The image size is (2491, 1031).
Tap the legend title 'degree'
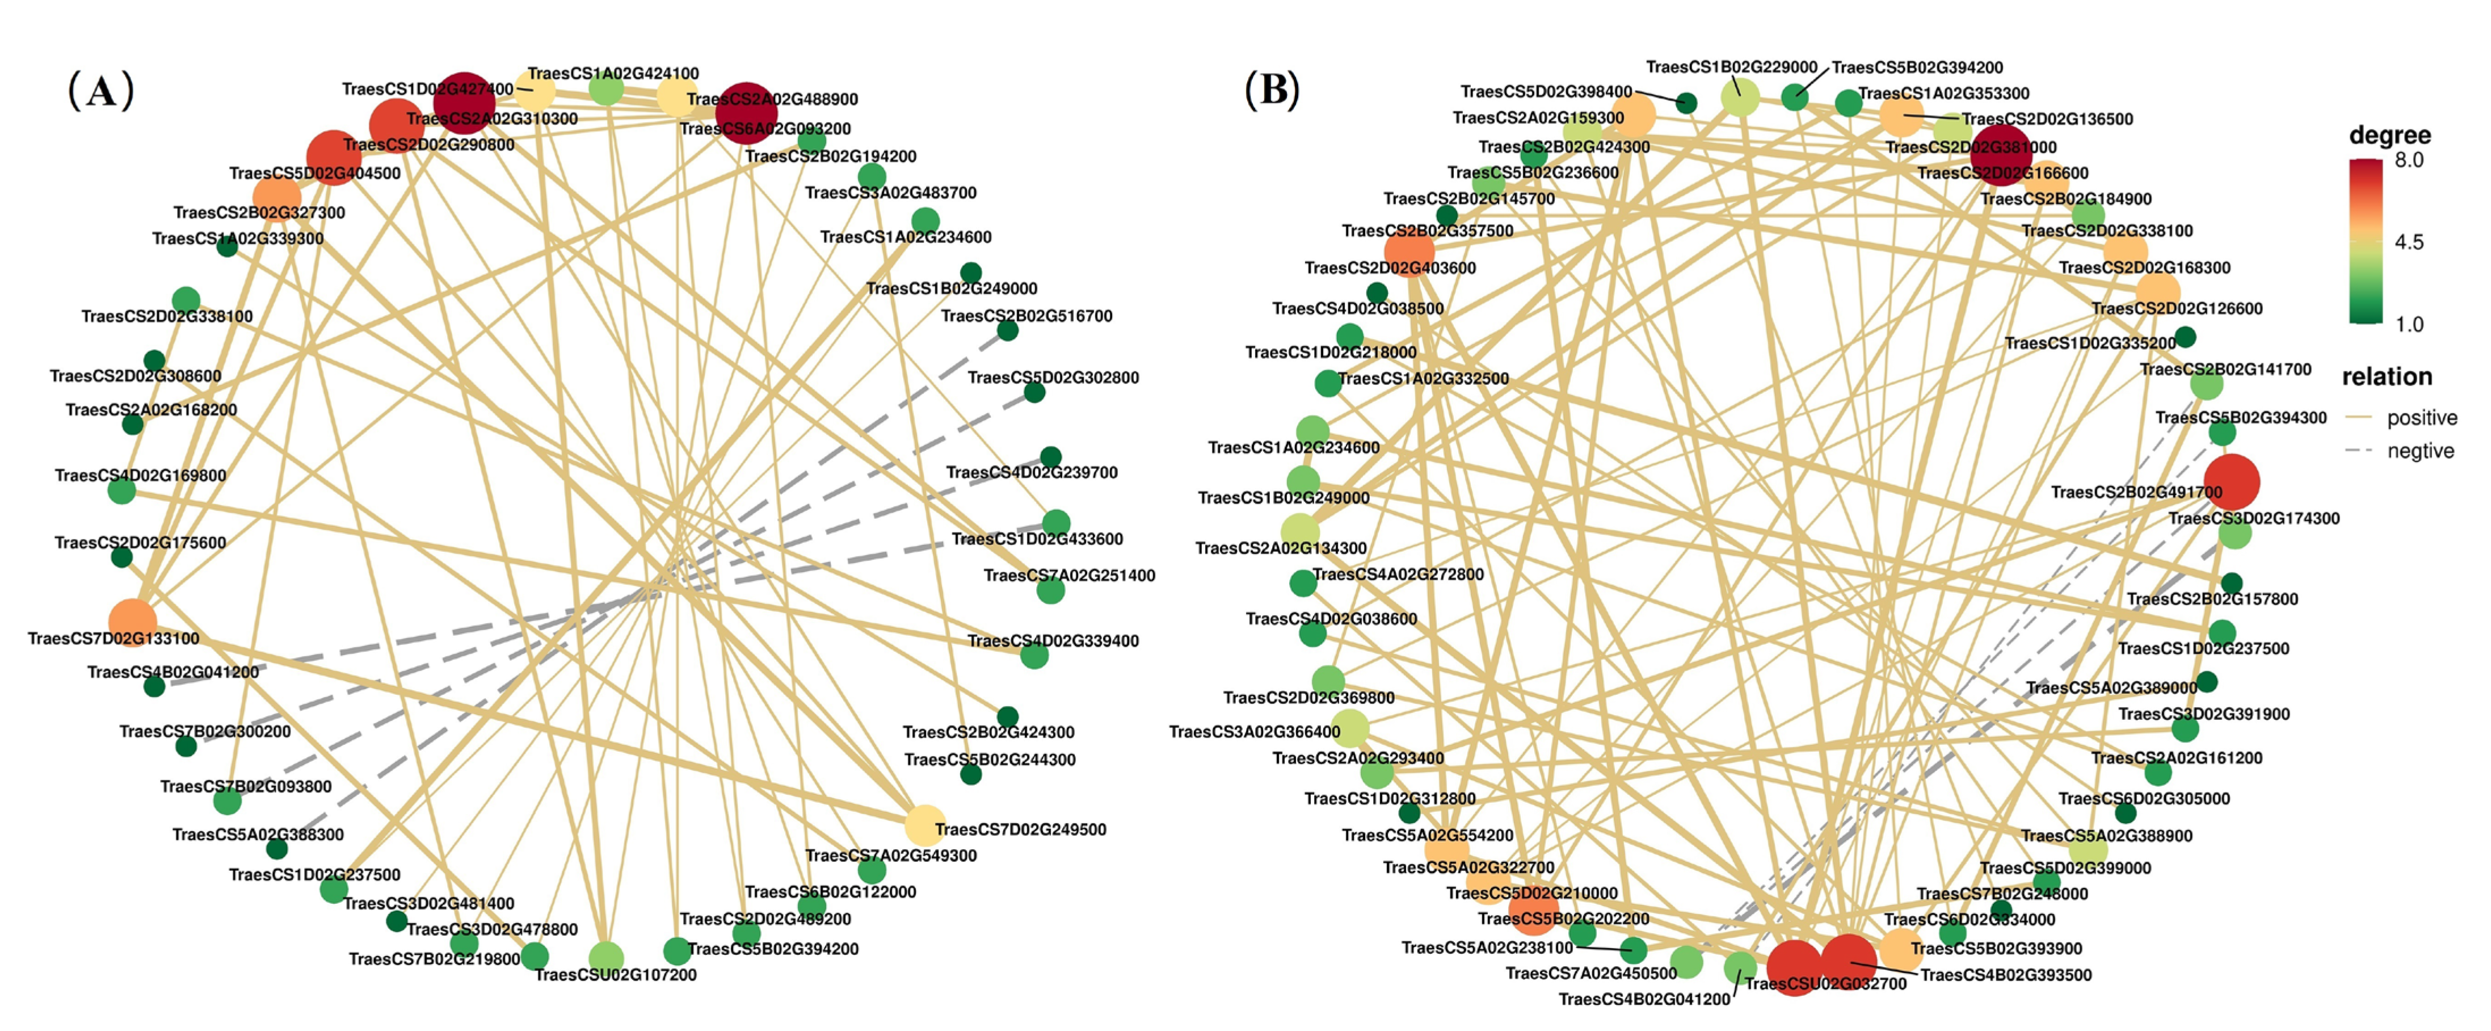point(2389,135)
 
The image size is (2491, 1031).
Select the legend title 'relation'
point(2387,377)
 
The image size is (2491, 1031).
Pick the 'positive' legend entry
point(2421,418)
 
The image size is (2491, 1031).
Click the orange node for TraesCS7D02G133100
point(132,622)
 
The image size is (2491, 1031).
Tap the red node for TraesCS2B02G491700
point(2232,481)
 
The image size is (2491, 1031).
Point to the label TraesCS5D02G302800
point(1053,377)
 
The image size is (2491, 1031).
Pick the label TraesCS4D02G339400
point(1053,641)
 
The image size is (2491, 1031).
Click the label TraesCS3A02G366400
point(1254,732)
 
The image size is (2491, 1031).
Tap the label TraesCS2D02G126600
point(2177,308)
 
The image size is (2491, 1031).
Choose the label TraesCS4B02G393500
point(2005,975)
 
